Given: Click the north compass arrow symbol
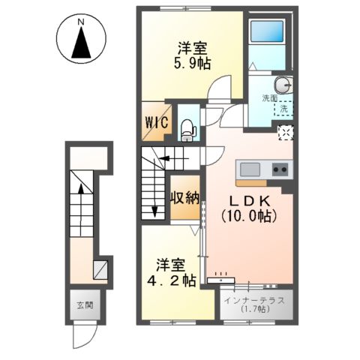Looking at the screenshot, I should tap(81, 46).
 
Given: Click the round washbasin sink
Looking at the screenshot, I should tap(283, 83).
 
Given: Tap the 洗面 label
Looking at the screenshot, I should tap(270, 97).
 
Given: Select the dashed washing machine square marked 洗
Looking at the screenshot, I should tap(284, 109).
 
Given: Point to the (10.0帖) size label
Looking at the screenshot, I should tap(248, 216).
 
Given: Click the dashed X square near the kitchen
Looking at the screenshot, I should tap(286, 133).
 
